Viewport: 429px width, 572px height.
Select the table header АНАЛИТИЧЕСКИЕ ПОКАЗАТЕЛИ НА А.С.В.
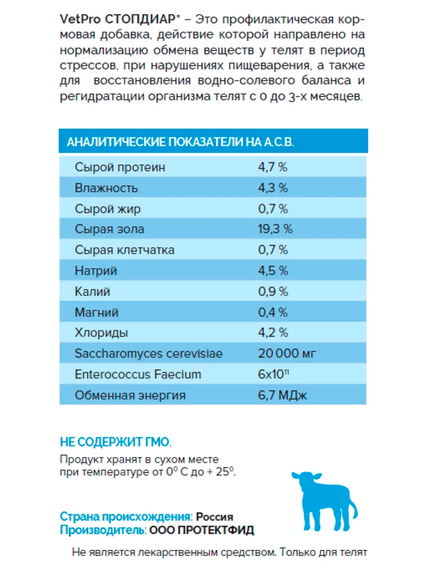coord(180,142)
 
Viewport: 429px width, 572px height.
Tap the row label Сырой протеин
coord(120,167)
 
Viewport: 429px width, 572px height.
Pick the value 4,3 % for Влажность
coord(273,188)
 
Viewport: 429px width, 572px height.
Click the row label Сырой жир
coord(108,209)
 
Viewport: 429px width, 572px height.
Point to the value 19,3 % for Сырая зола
coord(275,229)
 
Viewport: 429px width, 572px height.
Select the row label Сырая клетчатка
coord(124,250)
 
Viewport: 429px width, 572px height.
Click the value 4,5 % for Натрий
coord(273,271)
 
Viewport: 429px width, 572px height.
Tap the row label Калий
coord(92,292)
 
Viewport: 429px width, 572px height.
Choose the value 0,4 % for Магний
coord(273,312)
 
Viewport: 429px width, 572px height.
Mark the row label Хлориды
coord(101,333)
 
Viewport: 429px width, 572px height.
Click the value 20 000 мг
coord(287,354)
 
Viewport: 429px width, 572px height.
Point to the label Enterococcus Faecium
coord(138,375)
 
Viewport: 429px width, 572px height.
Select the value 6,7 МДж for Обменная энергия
coord(282,395)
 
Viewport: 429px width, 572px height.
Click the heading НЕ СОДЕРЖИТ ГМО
coord(115,442)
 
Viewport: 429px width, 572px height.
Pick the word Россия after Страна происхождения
coord(214,517)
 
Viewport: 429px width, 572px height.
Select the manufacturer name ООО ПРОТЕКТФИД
coord(202,530)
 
